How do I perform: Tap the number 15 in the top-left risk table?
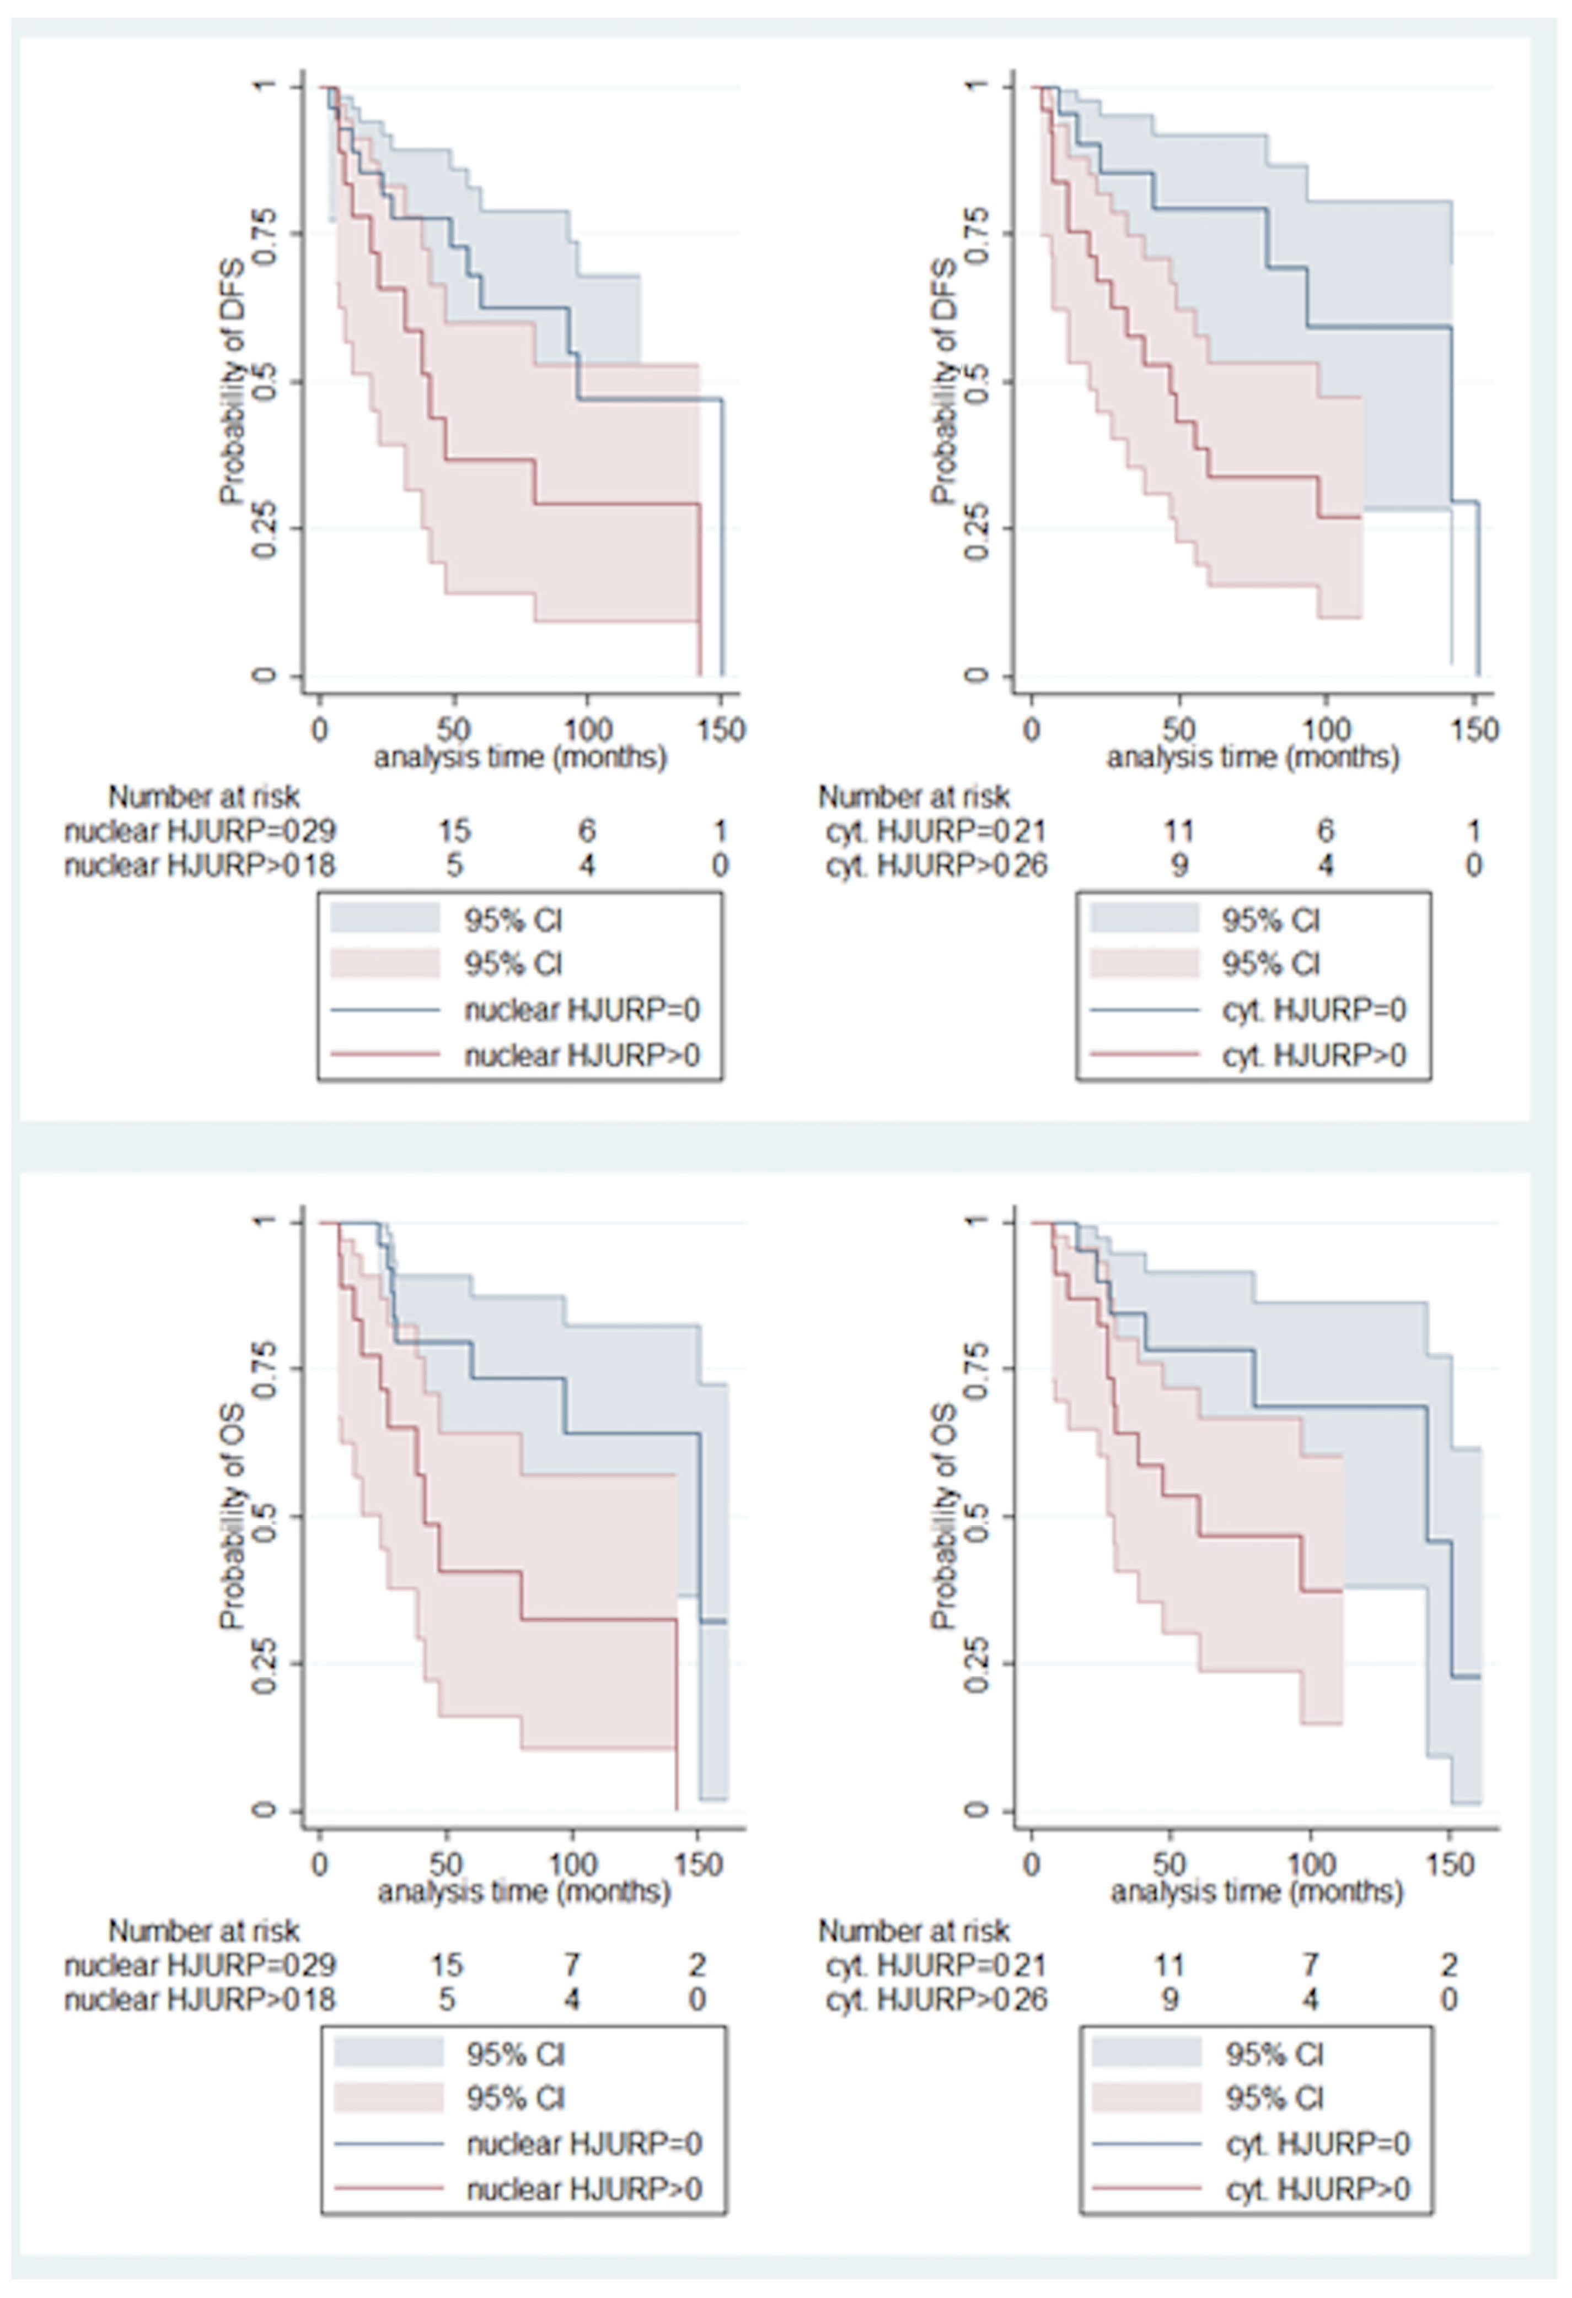453,831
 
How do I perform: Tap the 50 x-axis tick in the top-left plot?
453,730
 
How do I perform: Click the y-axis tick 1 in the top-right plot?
978,87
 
